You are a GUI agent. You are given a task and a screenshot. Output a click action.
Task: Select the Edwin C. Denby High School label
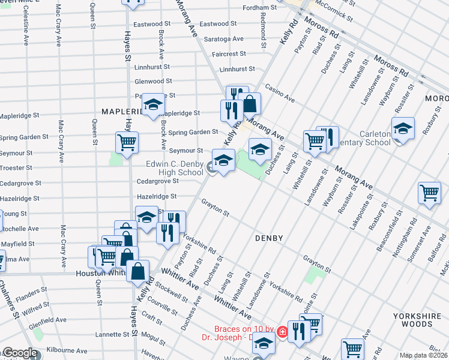(x=175, y=168)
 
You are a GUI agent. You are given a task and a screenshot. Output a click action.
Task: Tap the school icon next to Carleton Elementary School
(x=403, y=128)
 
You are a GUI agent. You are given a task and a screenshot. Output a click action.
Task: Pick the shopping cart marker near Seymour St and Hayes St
(x=127, y=143)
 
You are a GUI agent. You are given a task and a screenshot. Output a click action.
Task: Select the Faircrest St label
(x=229, y=54)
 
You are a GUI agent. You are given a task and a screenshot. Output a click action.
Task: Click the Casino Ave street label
(x=280, y=93)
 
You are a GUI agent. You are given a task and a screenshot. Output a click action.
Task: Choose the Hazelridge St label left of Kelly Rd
(x=157, y=196)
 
